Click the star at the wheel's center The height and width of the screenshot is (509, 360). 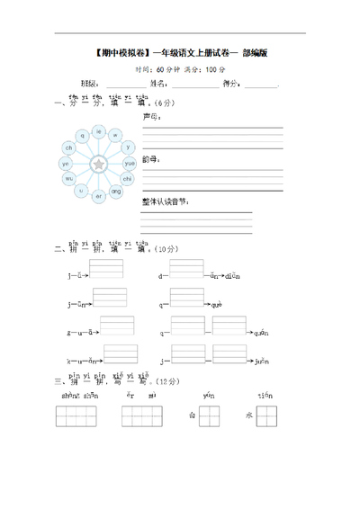click(x=99, y=164)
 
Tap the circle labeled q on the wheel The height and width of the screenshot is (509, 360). click(x=83, y=135)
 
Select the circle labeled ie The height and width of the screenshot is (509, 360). click(x=99, y=130)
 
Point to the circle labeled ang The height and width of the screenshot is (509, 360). click(x=116, y=192)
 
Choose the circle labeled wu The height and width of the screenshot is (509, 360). click(x=68, y=179)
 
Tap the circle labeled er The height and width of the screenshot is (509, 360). click(x=99, y=196)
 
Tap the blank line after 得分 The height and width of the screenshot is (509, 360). click(x=260, y=85)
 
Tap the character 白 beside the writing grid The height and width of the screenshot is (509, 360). click(x=192, y=415)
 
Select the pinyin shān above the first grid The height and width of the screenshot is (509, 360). click(x=71, y=394)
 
